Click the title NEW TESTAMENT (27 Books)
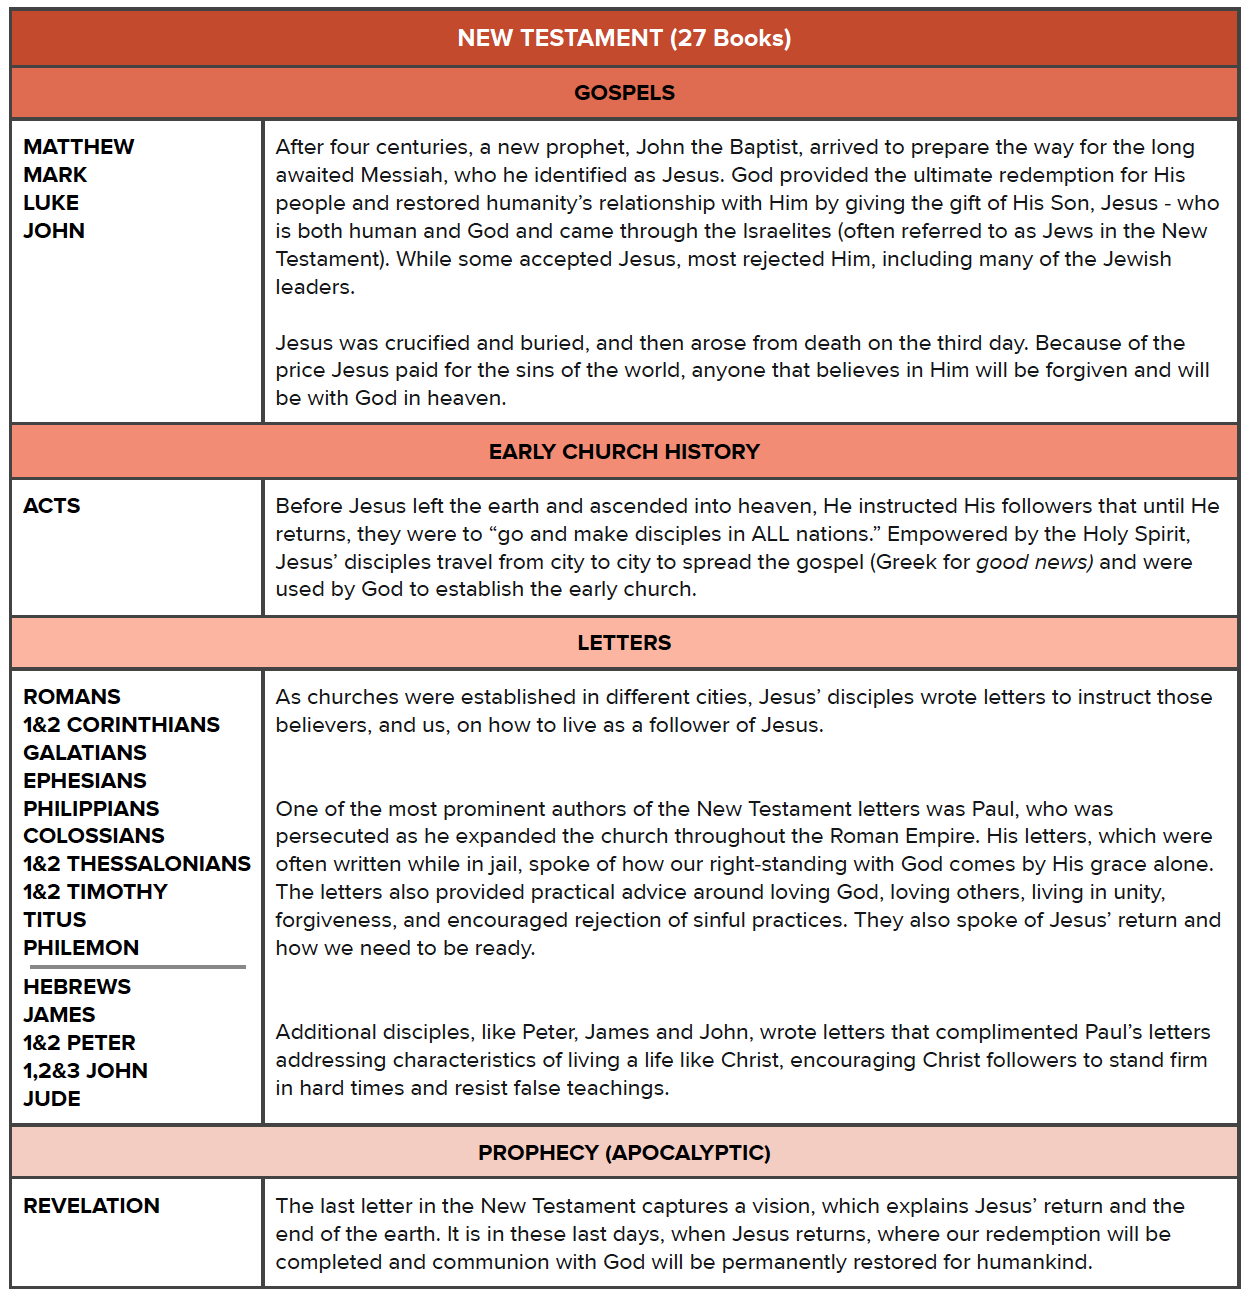pos(624,38)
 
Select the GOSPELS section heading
pos(624,93)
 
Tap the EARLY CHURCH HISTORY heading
pos(624,452)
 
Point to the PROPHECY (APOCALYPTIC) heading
pos(624,1153)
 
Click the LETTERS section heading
pos(624,643)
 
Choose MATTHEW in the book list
pos(78,147)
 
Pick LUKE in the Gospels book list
pos(51,203)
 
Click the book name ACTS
pos(52,506)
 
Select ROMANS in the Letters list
pos(72,697)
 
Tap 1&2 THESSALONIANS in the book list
pos(137,864)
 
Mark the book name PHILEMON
pos(81,948)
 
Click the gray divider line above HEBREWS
pos(137,967)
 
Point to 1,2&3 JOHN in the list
pos(85,1071)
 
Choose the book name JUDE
pos(52,1099)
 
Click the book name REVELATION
pos(91,1206)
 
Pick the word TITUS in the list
pos(55,920)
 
